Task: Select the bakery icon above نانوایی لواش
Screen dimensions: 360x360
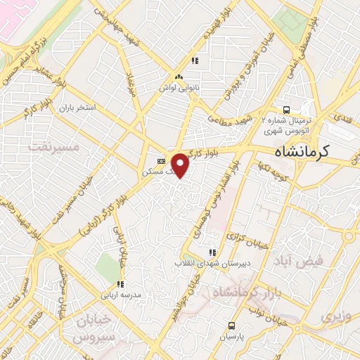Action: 179,77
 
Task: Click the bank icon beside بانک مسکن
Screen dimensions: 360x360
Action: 160,160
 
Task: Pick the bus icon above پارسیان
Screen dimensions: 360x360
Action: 232,326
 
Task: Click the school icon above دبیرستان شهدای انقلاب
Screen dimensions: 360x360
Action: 210,252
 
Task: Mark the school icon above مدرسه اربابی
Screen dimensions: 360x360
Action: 120,284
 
